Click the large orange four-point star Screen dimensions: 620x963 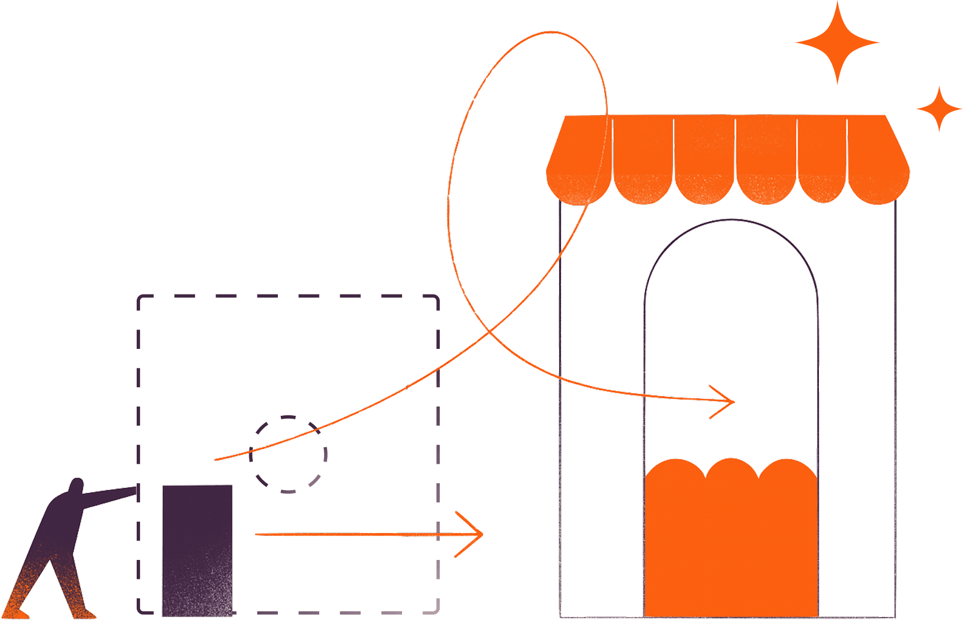(x=837, y=42)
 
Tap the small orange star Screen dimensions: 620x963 (x=938, y=108)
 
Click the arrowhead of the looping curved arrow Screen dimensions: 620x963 (x=732, y=402)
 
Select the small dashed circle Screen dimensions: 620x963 (x=288, y=454)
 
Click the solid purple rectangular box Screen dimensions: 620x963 (x=197, y=550)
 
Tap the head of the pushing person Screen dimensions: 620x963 (x=77, y=486)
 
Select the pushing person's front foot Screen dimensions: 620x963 (x=86, y=613)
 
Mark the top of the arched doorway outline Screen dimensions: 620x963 (x=731, y=220)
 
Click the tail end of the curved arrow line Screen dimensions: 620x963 (x=216, y=459)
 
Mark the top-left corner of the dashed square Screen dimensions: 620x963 (x=140, y=297)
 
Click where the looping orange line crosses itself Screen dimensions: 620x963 (x=489, y=332)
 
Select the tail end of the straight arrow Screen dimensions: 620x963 (x=256, y=535)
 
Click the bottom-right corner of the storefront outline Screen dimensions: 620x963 (x=894, y=617)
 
